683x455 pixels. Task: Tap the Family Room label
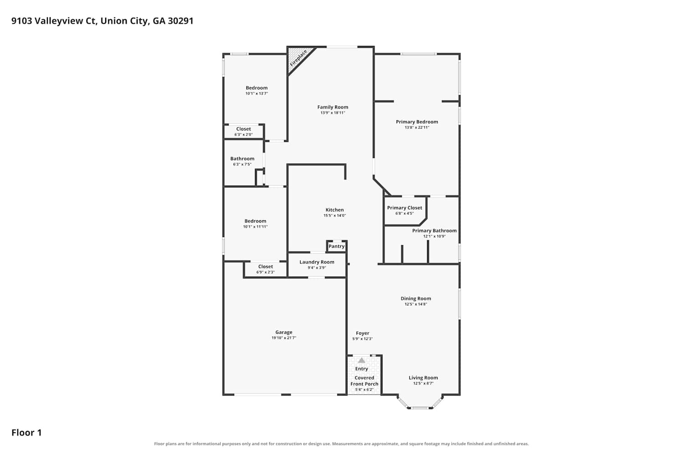333,107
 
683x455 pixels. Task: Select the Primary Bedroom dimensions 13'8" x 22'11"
417,127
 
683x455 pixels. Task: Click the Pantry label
336,246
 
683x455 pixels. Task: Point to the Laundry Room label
317,262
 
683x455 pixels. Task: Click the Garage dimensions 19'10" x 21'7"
284,338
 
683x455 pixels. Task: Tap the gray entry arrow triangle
362,360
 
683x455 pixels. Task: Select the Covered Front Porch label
364,381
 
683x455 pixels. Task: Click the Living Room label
423,378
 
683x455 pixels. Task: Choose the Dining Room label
416,298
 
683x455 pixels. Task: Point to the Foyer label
362,334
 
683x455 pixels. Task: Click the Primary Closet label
405,208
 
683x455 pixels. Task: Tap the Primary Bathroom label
434,231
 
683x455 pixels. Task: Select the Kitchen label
335,210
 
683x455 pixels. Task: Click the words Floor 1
26,433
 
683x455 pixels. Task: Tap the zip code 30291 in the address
180,21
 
